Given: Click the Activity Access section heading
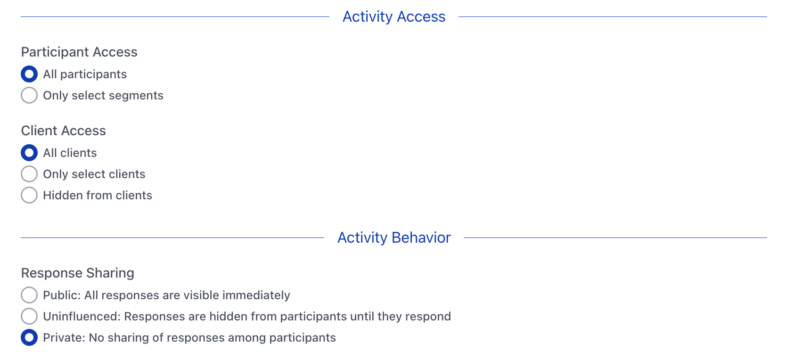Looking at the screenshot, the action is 393,17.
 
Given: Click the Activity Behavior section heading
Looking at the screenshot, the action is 393,237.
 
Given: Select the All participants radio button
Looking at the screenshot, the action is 29,74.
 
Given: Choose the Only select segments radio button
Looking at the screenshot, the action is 29,95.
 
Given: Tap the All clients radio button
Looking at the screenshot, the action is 29,153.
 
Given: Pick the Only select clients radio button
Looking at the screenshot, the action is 29,174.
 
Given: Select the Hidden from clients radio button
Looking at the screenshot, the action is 29,195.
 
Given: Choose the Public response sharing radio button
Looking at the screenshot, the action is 29,295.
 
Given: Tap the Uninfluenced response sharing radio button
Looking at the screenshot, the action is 29,316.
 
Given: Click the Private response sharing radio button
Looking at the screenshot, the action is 29,337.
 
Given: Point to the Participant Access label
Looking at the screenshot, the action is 79,52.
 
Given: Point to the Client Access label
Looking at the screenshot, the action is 64,131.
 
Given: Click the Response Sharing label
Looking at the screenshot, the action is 78,273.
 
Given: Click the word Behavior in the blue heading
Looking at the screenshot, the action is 421,237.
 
